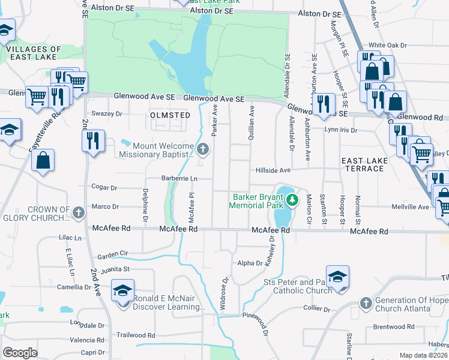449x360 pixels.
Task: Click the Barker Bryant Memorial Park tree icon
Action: pos(292,200)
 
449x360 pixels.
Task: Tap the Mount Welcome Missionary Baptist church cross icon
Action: pos(203,148)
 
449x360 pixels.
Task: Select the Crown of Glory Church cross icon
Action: pos(78,212)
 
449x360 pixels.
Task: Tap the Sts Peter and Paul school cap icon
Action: pos(338,277)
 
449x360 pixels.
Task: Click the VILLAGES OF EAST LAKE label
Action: pos(35,53)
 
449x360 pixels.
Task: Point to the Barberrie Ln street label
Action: pos(179,178)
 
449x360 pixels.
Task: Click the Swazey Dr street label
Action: pos(106,113)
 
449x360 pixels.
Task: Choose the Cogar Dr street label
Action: pos(105,187)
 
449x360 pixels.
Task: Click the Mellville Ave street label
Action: pos(415,207)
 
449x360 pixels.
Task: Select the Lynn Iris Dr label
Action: pos(340,130)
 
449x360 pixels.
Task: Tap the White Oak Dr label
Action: pos(388,45)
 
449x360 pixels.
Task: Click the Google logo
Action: pos(19,352)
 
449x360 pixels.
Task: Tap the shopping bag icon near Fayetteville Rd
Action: pos(43,160)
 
